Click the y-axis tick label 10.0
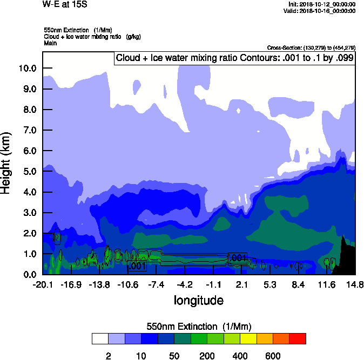tap(27, 68)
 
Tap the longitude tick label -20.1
tap(43, 284)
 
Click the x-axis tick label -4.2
tap(185, 284)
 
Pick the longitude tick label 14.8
tap(355, 284)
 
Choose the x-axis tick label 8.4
tap(298, 284)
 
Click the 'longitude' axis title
tap(198, 300)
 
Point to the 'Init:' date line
tap(322, 4)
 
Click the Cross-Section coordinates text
tap(311, 47)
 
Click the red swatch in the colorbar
tap(298, 338)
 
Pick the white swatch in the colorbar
tap(100, 338)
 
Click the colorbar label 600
tap(273, 356)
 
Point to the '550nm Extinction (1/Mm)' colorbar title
tap(199, 327)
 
